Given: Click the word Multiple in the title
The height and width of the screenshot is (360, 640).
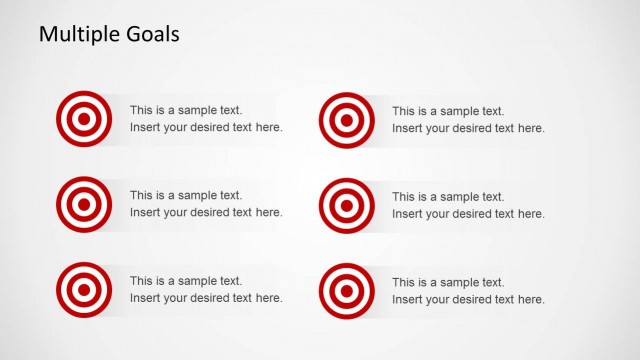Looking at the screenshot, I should [x=76, y=34].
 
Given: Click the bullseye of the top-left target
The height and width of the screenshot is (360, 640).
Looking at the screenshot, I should [x=84, y=119].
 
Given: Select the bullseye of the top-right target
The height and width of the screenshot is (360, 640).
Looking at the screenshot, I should [x=346, y=120].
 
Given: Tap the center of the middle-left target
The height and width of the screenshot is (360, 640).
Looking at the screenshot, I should [x=84, y=204].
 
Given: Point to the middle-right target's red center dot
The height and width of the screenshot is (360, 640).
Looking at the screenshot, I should [x=346, y=205].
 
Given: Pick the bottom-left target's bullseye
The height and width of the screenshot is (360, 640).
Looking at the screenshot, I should [x=84, y=289].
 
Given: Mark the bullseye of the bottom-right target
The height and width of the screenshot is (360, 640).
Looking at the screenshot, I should [x=346, y=290].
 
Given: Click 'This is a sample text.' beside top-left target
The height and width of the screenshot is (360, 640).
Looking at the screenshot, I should [x=186, y=111].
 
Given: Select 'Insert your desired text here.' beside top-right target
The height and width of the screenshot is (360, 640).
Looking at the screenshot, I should [x=468, y=128].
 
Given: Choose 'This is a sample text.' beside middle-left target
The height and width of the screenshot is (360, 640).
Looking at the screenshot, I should [x=186, y=196].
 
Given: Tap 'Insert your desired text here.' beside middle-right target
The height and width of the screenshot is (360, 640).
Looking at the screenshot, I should [x=468, y=214].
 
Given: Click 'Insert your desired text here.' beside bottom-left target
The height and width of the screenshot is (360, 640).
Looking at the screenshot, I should [x=206, y=298].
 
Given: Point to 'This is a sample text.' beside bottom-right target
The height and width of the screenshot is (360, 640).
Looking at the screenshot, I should [x=448, y=282].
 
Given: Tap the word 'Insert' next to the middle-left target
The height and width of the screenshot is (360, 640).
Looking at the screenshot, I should [x=144, y=213].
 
